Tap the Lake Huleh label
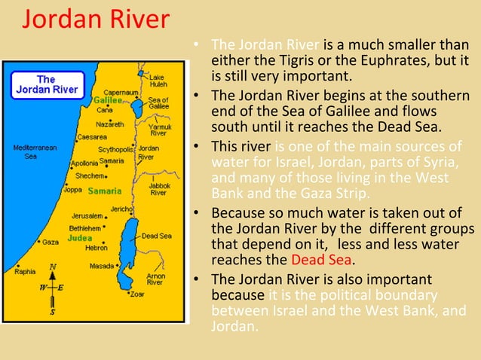tap(158, 81)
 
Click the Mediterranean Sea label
tap(29, 152)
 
